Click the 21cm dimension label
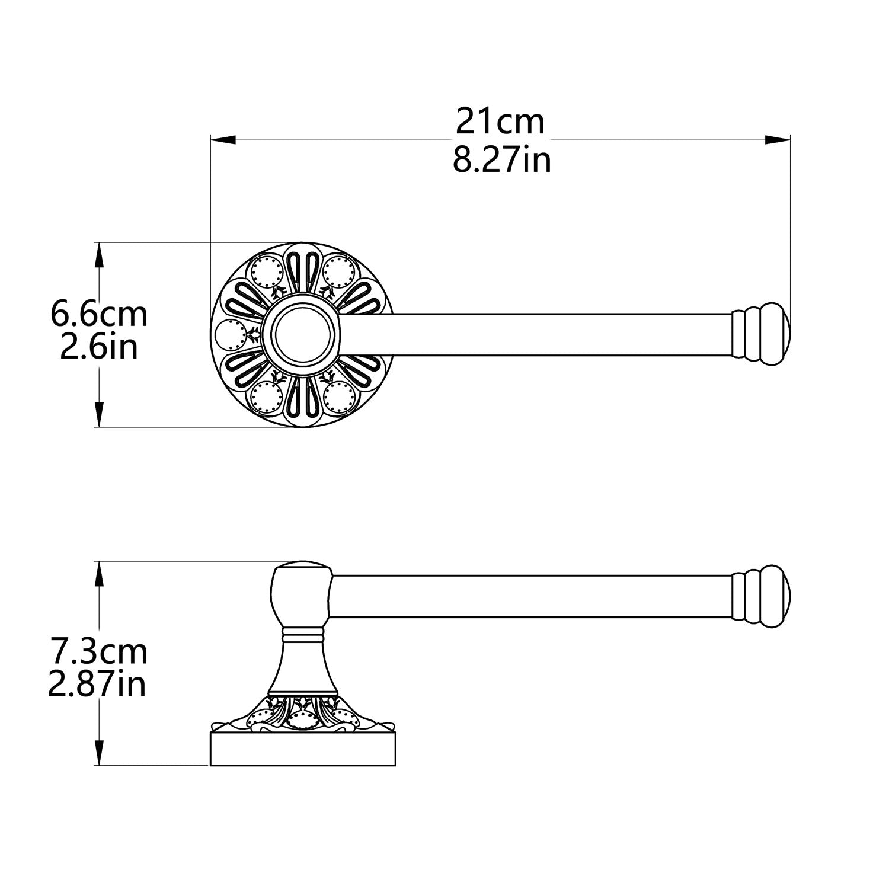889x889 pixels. tap(500, 122)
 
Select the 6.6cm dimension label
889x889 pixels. tap(99, 314)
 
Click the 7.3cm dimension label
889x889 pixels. tap(99, 652)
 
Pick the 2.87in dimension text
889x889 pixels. tap(97, 685)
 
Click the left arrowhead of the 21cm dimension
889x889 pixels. tap(223, 140)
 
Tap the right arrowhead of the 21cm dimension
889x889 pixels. tap(778, 140)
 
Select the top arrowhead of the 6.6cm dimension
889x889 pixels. tap(100, 255)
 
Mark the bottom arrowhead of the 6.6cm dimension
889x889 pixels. tap(100, 414)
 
